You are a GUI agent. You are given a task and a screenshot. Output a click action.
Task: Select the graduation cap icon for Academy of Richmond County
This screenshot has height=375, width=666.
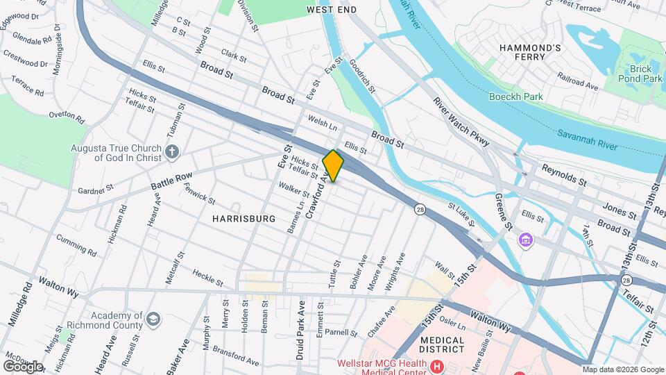(153, 319)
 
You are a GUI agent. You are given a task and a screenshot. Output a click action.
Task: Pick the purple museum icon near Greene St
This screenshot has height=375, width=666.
(527, 241)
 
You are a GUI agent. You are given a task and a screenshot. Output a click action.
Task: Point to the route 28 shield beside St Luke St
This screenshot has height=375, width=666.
(420, 208)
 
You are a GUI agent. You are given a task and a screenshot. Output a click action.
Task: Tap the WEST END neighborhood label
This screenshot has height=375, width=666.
(332, 10)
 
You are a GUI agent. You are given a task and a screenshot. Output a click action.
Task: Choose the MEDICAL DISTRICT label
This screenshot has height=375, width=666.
(451, 345)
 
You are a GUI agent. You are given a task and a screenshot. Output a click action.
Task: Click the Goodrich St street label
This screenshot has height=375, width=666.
(363, 76)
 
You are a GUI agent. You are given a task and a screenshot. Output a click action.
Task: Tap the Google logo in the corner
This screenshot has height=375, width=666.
(23, 366)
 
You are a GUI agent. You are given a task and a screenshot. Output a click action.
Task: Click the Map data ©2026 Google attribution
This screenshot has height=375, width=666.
(623, 369)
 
